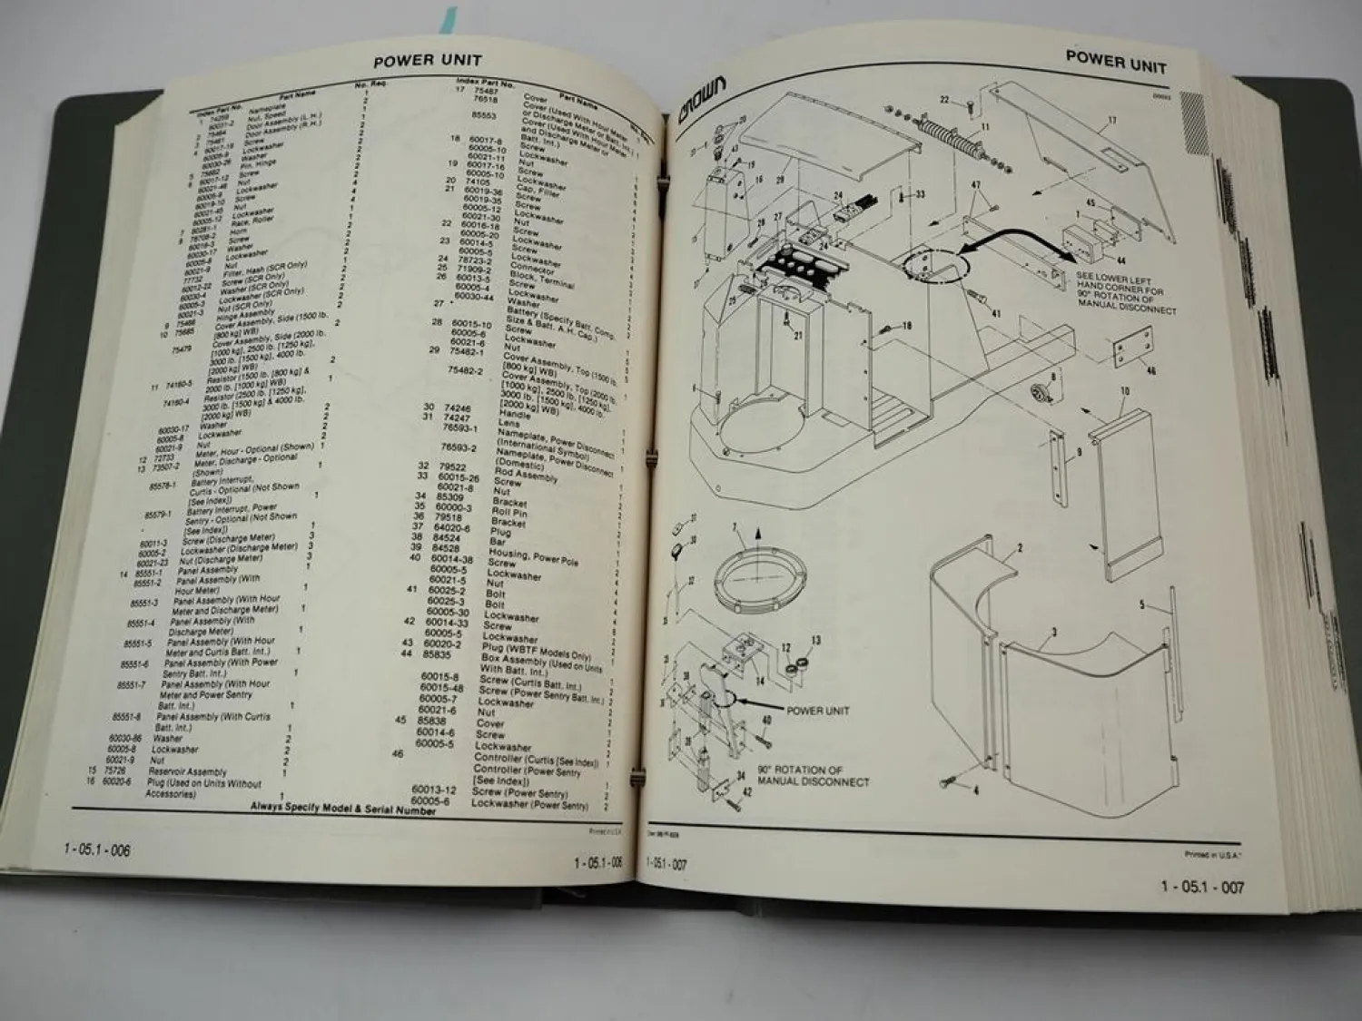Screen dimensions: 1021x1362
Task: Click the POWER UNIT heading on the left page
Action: coord(428,62)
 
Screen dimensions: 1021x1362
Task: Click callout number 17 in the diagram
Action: coord(1112,120)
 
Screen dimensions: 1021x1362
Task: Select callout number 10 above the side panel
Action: coord(1124,391)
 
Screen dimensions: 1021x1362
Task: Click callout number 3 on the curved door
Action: coord(1053,632)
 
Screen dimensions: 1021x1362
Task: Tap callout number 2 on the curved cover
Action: coord(1020,548)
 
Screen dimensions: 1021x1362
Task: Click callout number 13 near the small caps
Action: coord(815,641)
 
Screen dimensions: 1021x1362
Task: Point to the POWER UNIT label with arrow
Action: coord(817,711)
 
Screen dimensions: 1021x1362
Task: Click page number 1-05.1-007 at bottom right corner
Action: coord(1202,887)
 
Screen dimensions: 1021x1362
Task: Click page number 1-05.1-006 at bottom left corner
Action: coord(97,850)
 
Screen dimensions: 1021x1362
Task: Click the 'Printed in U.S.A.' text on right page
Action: coord(1213,854)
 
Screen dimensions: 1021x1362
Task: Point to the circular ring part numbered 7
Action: coord(759,577)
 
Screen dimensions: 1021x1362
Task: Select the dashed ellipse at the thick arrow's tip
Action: coord(936,266)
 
